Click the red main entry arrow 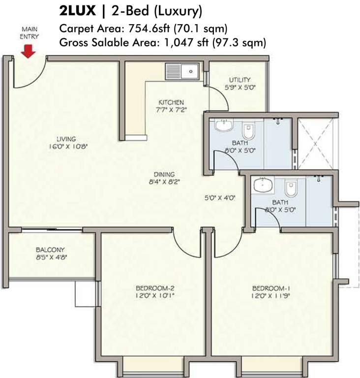coord(29,50)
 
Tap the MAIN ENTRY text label coord(29,32)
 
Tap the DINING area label coord(164,174)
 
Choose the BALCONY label coord(50,250)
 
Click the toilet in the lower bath coord(290,187)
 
